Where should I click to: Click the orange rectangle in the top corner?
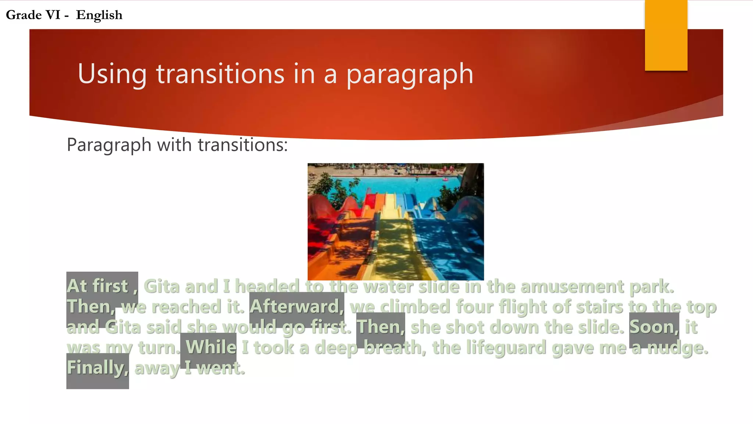coord(666,35)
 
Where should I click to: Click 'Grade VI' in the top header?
coord(33,15)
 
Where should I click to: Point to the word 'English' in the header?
coord(99,15)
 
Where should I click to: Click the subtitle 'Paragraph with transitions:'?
coord(177,145)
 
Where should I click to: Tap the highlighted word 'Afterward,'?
coord(296,307)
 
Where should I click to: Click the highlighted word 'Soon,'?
coord(654,327)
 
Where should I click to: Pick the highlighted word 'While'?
coord(211,347)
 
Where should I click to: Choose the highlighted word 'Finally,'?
coord(97,367)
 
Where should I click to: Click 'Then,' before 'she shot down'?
coord(381,327)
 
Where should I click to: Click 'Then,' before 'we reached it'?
coord(90,307)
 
